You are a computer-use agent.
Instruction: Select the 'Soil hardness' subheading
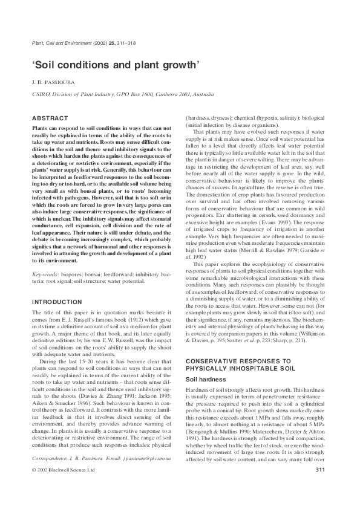[207, 379]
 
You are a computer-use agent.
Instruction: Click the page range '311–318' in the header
[120, 44]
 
